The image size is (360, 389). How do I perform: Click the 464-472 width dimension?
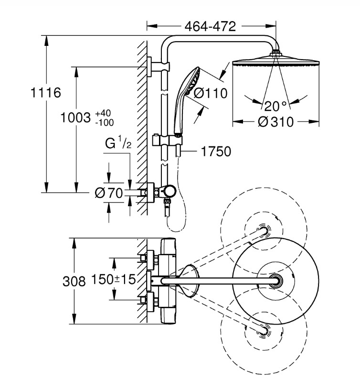point(210,26)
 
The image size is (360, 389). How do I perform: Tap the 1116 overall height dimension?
point(46,93)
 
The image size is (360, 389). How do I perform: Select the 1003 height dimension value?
point(75,118)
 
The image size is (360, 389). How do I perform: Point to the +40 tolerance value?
point(103,113)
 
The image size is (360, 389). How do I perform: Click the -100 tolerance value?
point(105,122)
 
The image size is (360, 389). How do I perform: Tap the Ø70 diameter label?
point(109,193)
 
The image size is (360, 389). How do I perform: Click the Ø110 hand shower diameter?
point(210,93)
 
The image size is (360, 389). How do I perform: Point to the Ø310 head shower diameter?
point(275,122)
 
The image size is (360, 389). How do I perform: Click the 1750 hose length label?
point(216,151)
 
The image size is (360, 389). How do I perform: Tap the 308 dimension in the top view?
point(74,281)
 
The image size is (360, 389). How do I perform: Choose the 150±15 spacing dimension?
point(114,279)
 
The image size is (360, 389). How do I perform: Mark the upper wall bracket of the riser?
point(159,67)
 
